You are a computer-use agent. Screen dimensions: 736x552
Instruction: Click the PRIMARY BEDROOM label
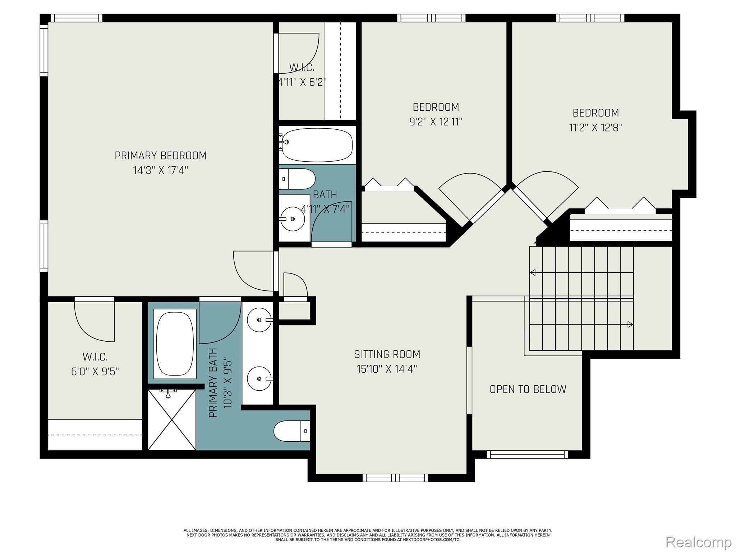161,156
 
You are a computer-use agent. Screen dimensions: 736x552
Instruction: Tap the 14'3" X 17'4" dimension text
161,170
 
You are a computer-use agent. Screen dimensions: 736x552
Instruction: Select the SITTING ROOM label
387,354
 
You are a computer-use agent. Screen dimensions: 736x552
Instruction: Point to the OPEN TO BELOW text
528,389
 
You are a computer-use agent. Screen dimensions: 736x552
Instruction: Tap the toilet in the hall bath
297,179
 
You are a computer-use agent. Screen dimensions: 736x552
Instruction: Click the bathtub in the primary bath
175,344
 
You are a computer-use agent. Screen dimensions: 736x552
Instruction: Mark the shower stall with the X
172,419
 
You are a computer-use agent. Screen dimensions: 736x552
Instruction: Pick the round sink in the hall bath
292,218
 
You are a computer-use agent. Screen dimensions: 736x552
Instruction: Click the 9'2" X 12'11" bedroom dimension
436,122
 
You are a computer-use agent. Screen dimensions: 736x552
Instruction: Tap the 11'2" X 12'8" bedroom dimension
595,128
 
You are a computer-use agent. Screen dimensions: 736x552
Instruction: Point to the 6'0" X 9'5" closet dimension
95,371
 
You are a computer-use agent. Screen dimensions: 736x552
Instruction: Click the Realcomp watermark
698,542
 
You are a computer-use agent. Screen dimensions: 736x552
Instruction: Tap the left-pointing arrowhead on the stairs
533,272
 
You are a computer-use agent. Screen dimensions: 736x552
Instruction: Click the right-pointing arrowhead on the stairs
630,324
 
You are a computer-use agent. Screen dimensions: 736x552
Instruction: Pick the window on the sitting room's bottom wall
395,478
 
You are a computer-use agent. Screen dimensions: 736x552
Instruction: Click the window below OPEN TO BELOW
527,455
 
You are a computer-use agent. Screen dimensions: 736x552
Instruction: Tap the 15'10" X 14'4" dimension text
387,369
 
